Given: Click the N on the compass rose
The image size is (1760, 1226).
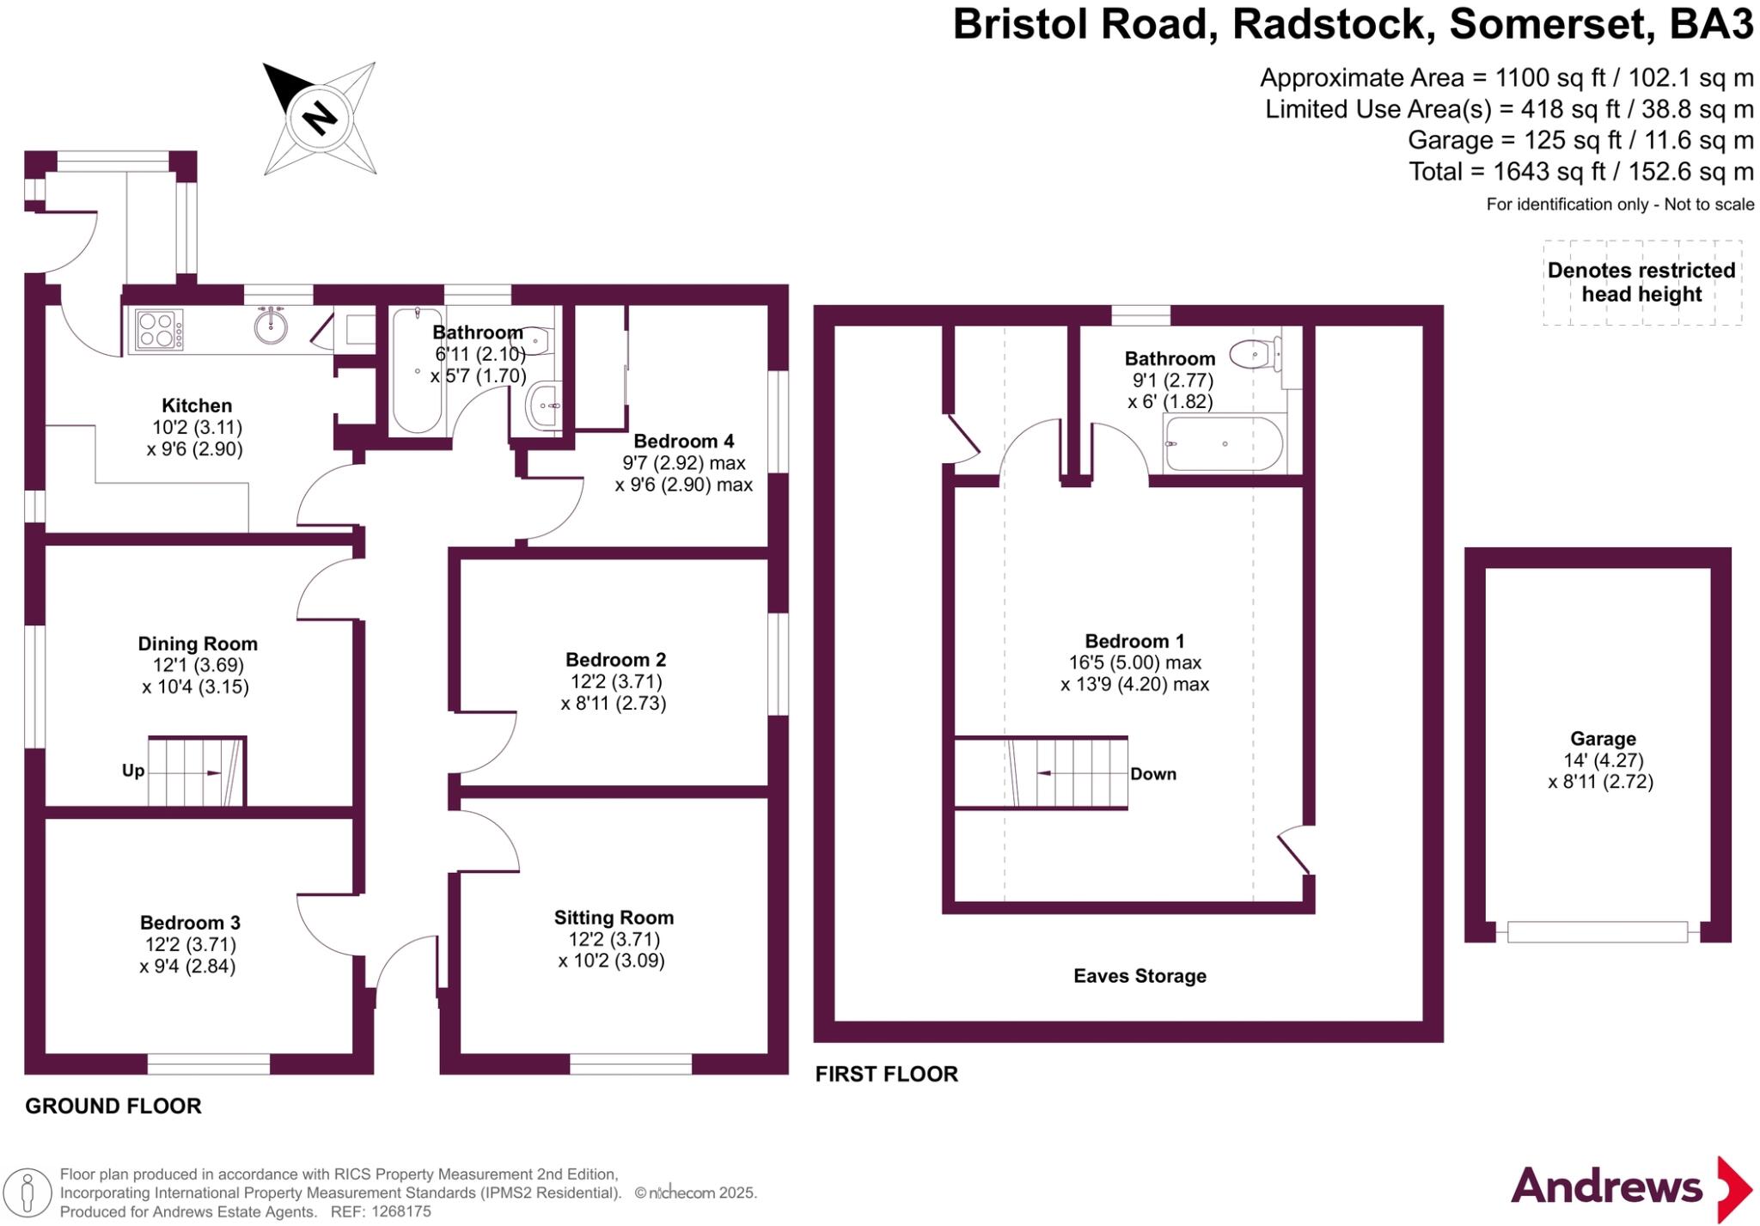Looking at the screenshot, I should [x=320, y=118].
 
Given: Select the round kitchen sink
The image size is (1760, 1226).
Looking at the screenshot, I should [x=271, y=326].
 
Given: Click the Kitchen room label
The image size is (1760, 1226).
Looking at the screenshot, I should [x=197, y=406].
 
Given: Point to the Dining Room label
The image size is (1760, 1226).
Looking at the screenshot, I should [x=198, y=643].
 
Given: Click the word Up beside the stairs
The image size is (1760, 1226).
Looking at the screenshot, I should [x=133, y=771].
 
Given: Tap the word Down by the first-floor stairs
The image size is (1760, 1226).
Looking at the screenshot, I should [x=1153, y=774].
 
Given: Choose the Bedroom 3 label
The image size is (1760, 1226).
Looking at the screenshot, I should [x=190, y=923].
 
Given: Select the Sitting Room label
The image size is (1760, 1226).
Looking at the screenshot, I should [x=614, y=918].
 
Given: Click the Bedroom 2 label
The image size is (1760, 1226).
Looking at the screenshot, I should [x=615, y=660].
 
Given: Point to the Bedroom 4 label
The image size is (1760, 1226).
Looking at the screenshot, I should [x=684, y=442].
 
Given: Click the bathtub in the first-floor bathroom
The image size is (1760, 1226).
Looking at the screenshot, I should [x=1224, y=444].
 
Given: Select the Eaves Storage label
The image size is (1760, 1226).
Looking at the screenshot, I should [x=1140, y=976].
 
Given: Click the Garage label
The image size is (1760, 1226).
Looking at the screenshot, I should [x=1603, y=739].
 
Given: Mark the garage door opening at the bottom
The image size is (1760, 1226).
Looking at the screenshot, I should [x=1598, y=932].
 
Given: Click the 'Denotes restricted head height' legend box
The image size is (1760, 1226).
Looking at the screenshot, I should [x=1642, y=283].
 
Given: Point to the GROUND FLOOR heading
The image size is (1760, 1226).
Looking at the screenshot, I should [x=113, y=1106].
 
